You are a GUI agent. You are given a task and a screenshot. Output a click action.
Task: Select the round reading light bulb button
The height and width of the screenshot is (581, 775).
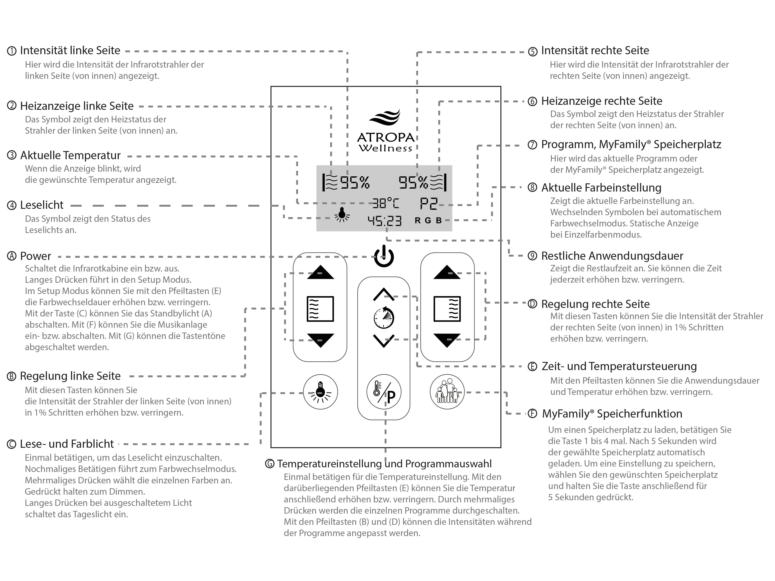(x=320, y=392)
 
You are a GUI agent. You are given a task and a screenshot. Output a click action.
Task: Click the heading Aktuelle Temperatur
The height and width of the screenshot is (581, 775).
(x=70, y=155)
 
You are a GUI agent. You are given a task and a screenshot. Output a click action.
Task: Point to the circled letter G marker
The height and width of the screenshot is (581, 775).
(x=270, y=464)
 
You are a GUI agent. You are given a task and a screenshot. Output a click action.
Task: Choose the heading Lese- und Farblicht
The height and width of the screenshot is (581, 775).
(x=67, y=444)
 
